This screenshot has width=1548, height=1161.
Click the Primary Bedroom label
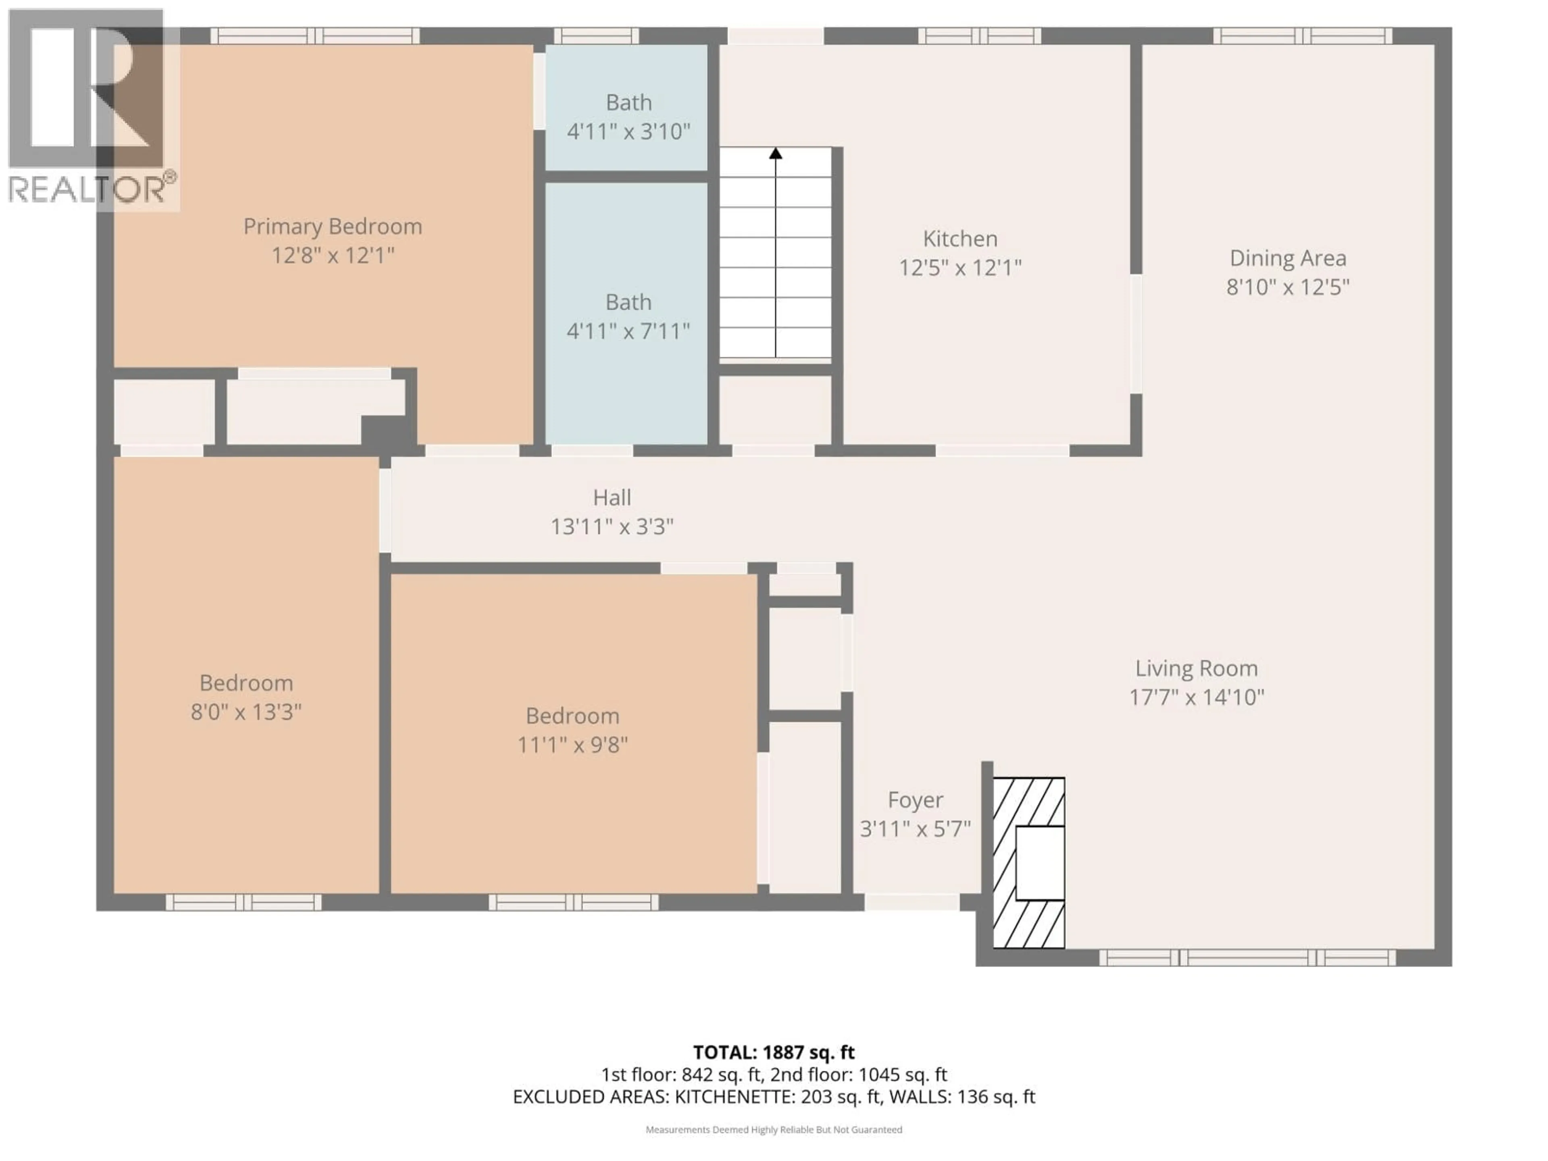[x=333, y=227]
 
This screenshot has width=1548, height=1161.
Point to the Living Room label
[x=1196, y=668]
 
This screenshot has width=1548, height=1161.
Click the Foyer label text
[x=915, y=800]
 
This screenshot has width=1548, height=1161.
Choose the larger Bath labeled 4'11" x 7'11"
[x=628, y=316]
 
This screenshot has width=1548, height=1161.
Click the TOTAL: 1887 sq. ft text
[x=773, y=1053]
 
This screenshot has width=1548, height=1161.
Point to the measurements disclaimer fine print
[x=773, y=1130]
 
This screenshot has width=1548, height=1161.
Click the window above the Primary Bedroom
[x=315, y=36]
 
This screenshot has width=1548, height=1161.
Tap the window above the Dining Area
[x=1302, y=36]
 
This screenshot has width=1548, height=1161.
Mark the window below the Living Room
[x=1247, y=957]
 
